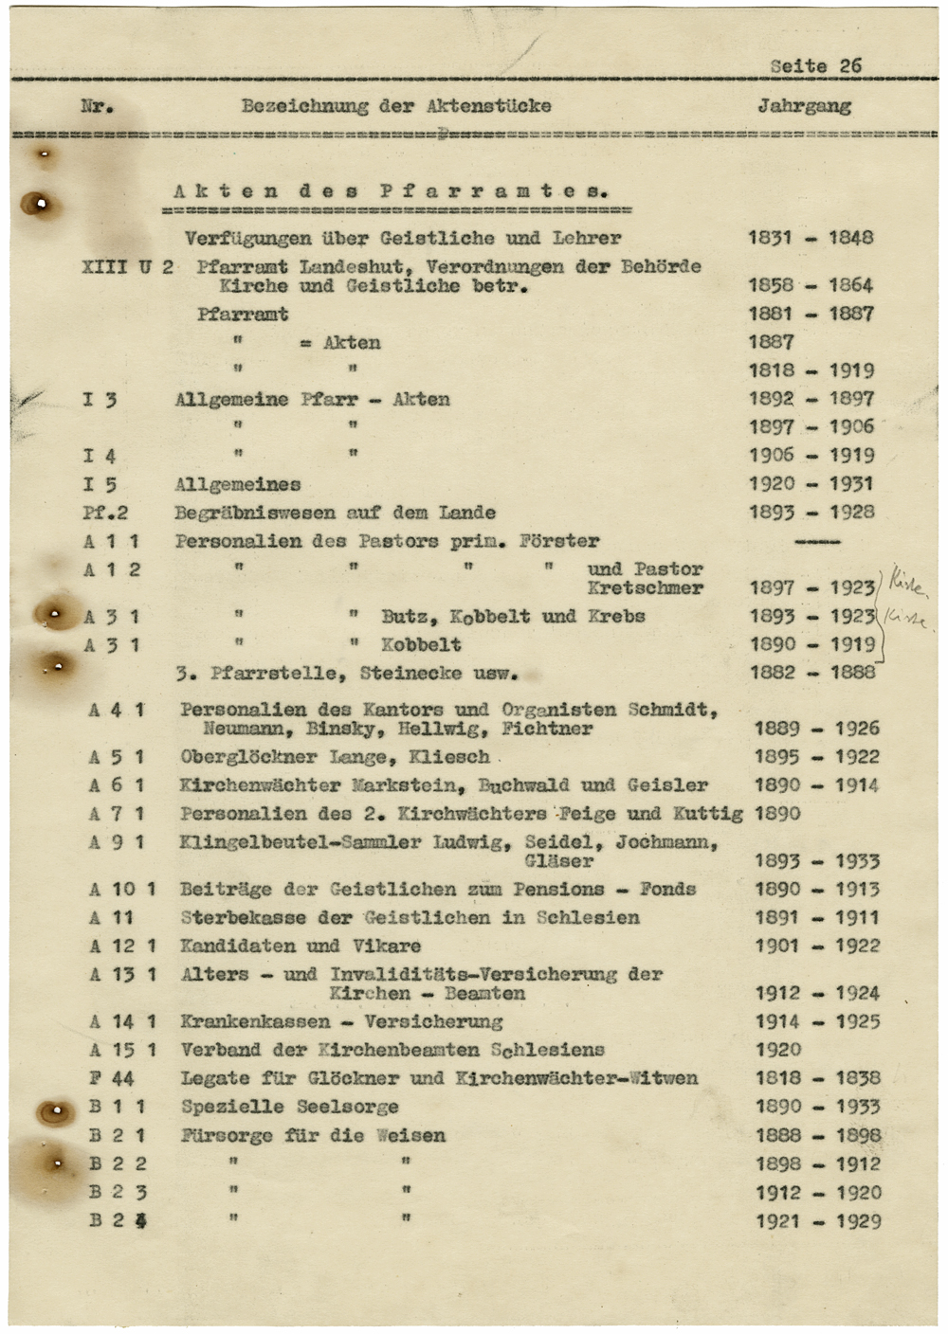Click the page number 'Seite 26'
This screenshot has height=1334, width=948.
815,65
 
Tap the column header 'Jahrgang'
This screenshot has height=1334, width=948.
804,105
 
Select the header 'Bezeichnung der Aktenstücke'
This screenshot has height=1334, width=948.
396,105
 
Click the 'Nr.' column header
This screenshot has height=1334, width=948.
98,105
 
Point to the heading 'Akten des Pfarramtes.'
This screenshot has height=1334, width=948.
390,190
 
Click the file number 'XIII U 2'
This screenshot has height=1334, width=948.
128,266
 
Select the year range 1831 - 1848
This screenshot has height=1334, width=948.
810,238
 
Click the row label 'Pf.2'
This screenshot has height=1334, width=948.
105,513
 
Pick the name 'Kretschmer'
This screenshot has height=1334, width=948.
645,587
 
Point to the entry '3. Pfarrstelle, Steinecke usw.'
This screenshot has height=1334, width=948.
347,674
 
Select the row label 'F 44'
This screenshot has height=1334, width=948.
112,1078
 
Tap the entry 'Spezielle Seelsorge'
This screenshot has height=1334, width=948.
289,1107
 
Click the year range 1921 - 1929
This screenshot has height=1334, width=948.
818,1221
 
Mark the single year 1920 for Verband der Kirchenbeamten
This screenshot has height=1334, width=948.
777,1050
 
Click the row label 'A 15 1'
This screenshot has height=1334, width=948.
123,1050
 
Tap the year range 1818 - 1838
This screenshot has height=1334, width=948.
817,1078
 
